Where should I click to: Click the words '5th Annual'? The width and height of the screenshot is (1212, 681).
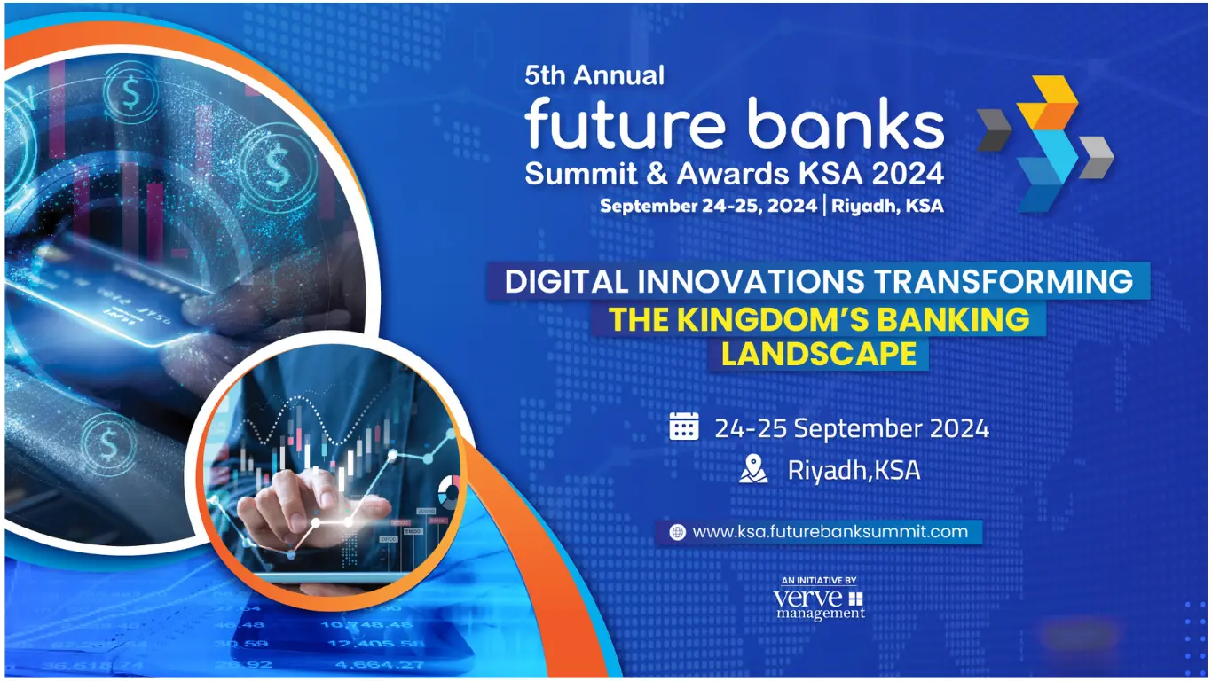(x=594, y=75)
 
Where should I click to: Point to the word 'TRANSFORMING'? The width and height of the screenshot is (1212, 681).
(x=1003, y=281)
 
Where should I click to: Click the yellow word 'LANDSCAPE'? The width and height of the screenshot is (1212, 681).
(x=818, y=354)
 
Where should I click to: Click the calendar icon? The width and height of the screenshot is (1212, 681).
(x=684, y=427)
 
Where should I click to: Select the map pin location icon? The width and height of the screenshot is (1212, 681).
(x=753, y=469)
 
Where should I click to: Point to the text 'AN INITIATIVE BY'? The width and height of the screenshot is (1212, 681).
(x=819, y=580)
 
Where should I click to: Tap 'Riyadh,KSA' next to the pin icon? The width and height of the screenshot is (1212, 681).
(x=854, y=470)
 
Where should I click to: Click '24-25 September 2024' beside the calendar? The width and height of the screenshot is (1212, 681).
(x=851, y=428)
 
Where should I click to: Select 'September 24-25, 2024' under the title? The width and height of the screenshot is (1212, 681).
(x=706, y=207)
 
